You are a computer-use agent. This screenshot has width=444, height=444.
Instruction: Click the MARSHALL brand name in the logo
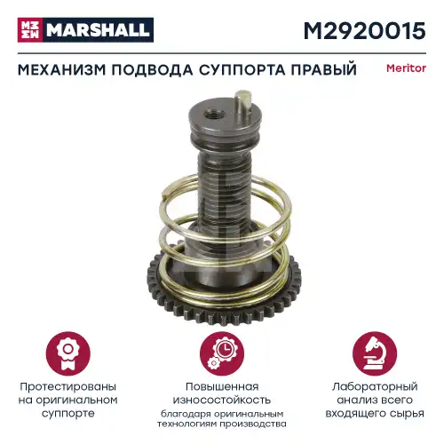click(99, 30)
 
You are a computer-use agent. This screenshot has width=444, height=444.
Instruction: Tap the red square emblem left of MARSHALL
click(30, 30)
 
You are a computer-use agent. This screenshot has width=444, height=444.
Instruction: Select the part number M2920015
click(365, 30)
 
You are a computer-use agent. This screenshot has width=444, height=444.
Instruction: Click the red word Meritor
click(406, 68)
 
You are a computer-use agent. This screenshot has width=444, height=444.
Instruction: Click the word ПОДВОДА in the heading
click(153, 70)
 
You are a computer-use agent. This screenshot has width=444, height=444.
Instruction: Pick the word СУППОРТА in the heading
click(242, 70)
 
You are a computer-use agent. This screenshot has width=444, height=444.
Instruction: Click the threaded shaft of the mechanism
click(224, 189)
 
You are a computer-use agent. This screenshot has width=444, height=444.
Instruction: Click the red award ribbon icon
click(67, 353)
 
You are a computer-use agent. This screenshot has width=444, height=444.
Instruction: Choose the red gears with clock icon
click(222, 353)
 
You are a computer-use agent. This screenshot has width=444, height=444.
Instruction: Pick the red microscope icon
click(375, 353)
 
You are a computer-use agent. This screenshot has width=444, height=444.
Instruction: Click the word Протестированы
click(67, 387)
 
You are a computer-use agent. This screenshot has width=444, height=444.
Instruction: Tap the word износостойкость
click(222, 400)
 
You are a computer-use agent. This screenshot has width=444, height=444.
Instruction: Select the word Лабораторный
click(375, 387)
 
